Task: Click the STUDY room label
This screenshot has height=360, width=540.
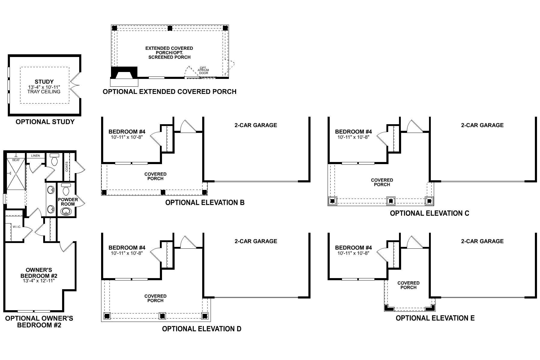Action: tap(44, 82)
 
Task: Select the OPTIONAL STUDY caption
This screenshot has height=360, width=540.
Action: tap(45, 122)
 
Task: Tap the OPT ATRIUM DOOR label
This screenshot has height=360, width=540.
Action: tap(203, 70)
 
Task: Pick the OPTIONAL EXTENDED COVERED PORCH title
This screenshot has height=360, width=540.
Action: tap(169, 92)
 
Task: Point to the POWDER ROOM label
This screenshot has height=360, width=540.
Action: tap(68, 202)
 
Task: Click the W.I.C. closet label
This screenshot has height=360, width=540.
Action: tap(17, 227)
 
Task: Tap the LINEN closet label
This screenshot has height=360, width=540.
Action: tap(35, 156)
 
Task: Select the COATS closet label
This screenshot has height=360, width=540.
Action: tap(67, 167)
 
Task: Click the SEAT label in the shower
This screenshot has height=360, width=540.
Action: tap(16, 160)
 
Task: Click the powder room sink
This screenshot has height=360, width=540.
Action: tap(66, 212)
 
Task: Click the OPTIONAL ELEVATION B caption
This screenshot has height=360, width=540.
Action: tap(205, 202)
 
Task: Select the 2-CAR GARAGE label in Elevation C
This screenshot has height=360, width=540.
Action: tap(482, 125)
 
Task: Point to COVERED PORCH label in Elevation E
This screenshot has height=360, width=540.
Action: tap(408, 285)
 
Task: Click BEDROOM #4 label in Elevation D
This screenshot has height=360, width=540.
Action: tap(127, 248)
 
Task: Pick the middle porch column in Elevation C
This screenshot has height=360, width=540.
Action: tap(391, 201)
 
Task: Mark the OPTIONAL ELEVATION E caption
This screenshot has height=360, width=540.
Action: tap(435, 318)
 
